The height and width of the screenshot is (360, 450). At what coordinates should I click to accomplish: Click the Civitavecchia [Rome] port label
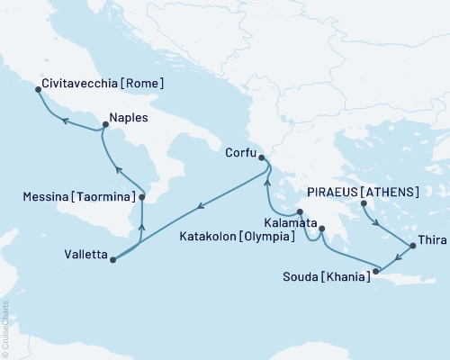[103, 85]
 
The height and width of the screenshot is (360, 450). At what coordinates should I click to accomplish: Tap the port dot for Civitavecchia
[37, 89]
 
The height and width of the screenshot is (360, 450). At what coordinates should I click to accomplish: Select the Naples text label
[128, 117]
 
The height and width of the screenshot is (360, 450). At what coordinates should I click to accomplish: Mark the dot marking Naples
[104, 127]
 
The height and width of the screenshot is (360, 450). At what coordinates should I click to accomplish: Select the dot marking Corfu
[261, 158]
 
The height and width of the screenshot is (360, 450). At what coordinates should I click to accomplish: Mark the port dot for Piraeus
[364, 203]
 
